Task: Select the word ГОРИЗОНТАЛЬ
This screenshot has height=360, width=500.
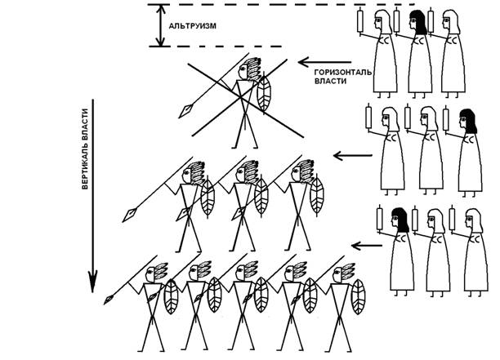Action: (x=344, y=72)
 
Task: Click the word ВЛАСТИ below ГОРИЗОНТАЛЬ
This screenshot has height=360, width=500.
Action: (x=330, y=82)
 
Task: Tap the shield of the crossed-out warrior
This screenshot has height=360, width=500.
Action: (x=265, y=96)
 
